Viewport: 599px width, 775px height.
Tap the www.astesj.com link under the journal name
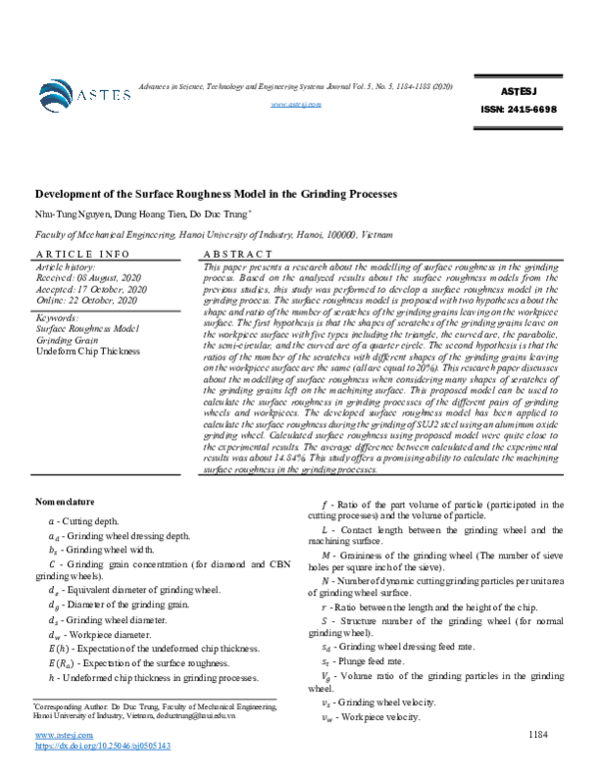pos(295,104)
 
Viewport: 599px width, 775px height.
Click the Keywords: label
pos(58,318)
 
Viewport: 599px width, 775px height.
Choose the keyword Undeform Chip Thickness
pos(89,351)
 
